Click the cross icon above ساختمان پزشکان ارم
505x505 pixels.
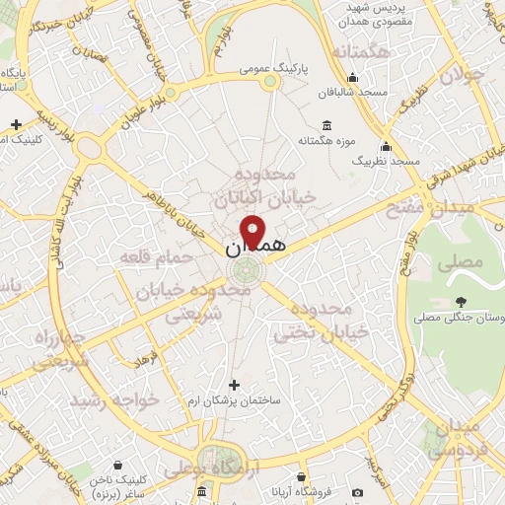[x=233, y=385]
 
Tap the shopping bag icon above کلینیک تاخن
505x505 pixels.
[x=117, y=464]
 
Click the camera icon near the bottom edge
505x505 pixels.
[x=357, y=492]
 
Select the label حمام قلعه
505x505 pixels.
[x=152, y=258]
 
